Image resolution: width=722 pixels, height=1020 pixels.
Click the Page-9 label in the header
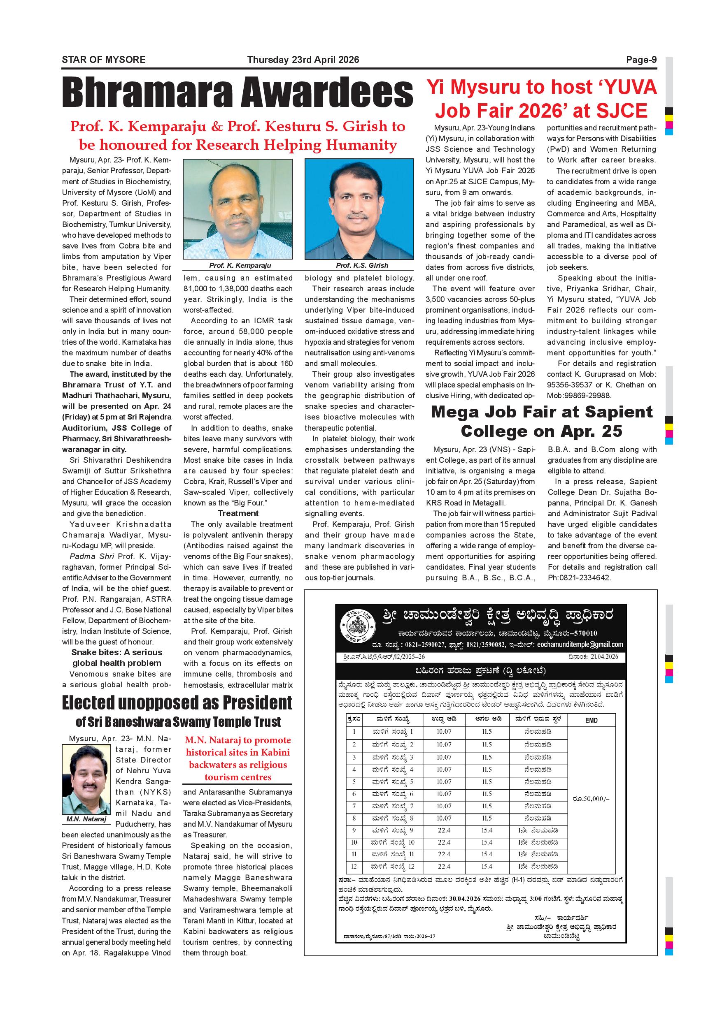(x=641, y=60)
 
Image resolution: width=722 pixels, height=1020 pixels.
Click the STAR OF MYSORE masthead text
(x=104, y=60)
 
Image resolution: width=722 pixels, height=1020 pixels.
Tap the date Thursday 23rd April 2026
(x=303, y=60)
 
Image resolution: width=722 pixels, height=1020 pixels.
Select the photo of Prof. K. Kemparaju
(x=238, y=209)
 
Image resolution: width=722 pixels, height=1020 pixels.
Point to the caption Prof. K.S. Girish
(x=362, y=265)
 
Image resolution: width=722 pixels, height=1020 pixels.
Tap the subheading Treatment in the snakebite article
(x=238, y=514)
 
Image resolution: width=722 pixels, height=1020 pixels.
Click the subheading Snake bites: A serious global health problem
(x=116, y=658)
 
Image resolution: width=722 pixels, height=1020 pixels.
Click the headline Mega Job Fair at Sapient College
(x=542, y=421)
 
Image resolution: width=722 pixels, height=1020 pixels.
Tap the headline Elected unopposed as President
(x=177, y=703)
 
